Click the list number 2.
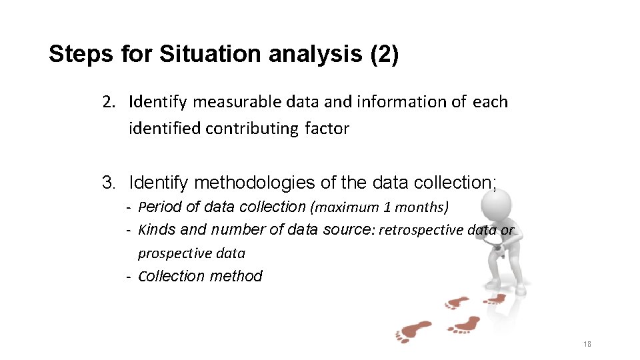[x=108, y=102]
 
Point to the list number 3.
[x=108, y=182]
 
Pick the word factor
[x=327, y=129]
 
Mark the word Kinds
[x=157, y=230]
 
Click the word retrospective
[x=421, y=230]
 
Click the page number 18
[x=587, y=344]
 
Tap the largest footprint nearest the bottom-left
[x=413, y=331]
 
